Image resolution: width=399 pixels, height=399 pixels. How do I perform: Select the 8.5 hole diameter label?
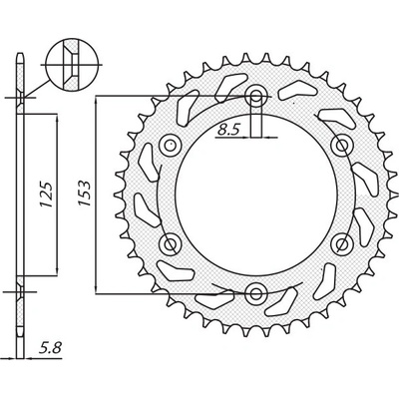pyautogui.click(x=227, y=128)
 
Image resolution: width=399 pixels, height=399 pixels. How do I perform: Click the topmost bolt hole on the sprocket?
pyautogui.click(x=256, y=98)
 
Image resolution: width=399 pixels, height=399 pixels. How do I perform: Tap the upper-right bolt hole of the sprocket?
pyautogui.click(x=340, y=146)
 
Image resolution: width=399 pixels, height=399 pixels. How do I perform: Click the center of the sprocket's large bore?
pyautogui.click(x=256, y=195)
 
